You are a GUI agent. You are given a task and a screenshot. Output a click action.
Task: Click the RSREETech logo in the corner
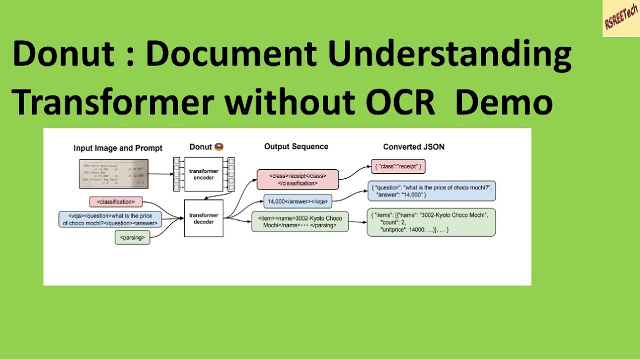click(621, 18)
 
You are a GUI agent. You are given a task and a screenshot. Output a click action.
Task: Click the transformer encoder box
click(203, 174)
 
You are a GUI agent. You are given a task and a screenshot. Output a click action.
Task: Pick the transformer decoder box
click(203, 218)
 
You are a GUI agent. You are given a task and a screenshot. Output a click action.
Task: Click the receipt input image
click(114, 174)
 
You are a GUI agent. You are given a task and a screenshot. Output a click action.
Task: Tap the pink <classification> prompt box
click(115, 202)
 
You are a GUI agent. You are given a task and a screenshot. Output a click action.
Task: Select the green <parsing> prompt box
click(132, 238)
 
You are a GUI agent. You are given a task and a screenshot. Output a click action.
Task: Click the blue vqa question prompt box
click(109, 219)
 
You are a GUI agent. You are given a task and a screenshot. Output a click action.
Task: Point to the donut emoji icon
click(219, 146)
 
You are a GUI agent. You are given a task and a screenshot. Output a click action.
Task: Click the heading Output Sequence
click(296, 146)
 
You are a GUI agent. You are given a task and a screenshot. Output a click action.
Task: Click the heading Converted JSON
click(413, 146)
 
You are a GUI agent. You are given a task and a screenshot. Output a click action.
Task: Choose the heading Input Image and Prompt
click(118, 148)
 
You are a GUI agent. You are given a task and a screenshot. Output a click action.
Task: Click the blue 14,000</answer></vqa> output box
click(297, 201)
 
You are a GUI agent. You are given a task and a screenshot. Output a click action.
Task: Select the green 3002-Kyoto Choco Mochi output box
click(299, 222)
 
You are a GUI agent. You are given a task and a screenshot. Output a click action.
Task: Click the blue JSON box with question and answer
click(431, 190)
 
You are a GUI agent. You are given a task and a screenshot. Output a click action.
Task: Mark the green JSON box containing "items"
click(431, 222)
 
